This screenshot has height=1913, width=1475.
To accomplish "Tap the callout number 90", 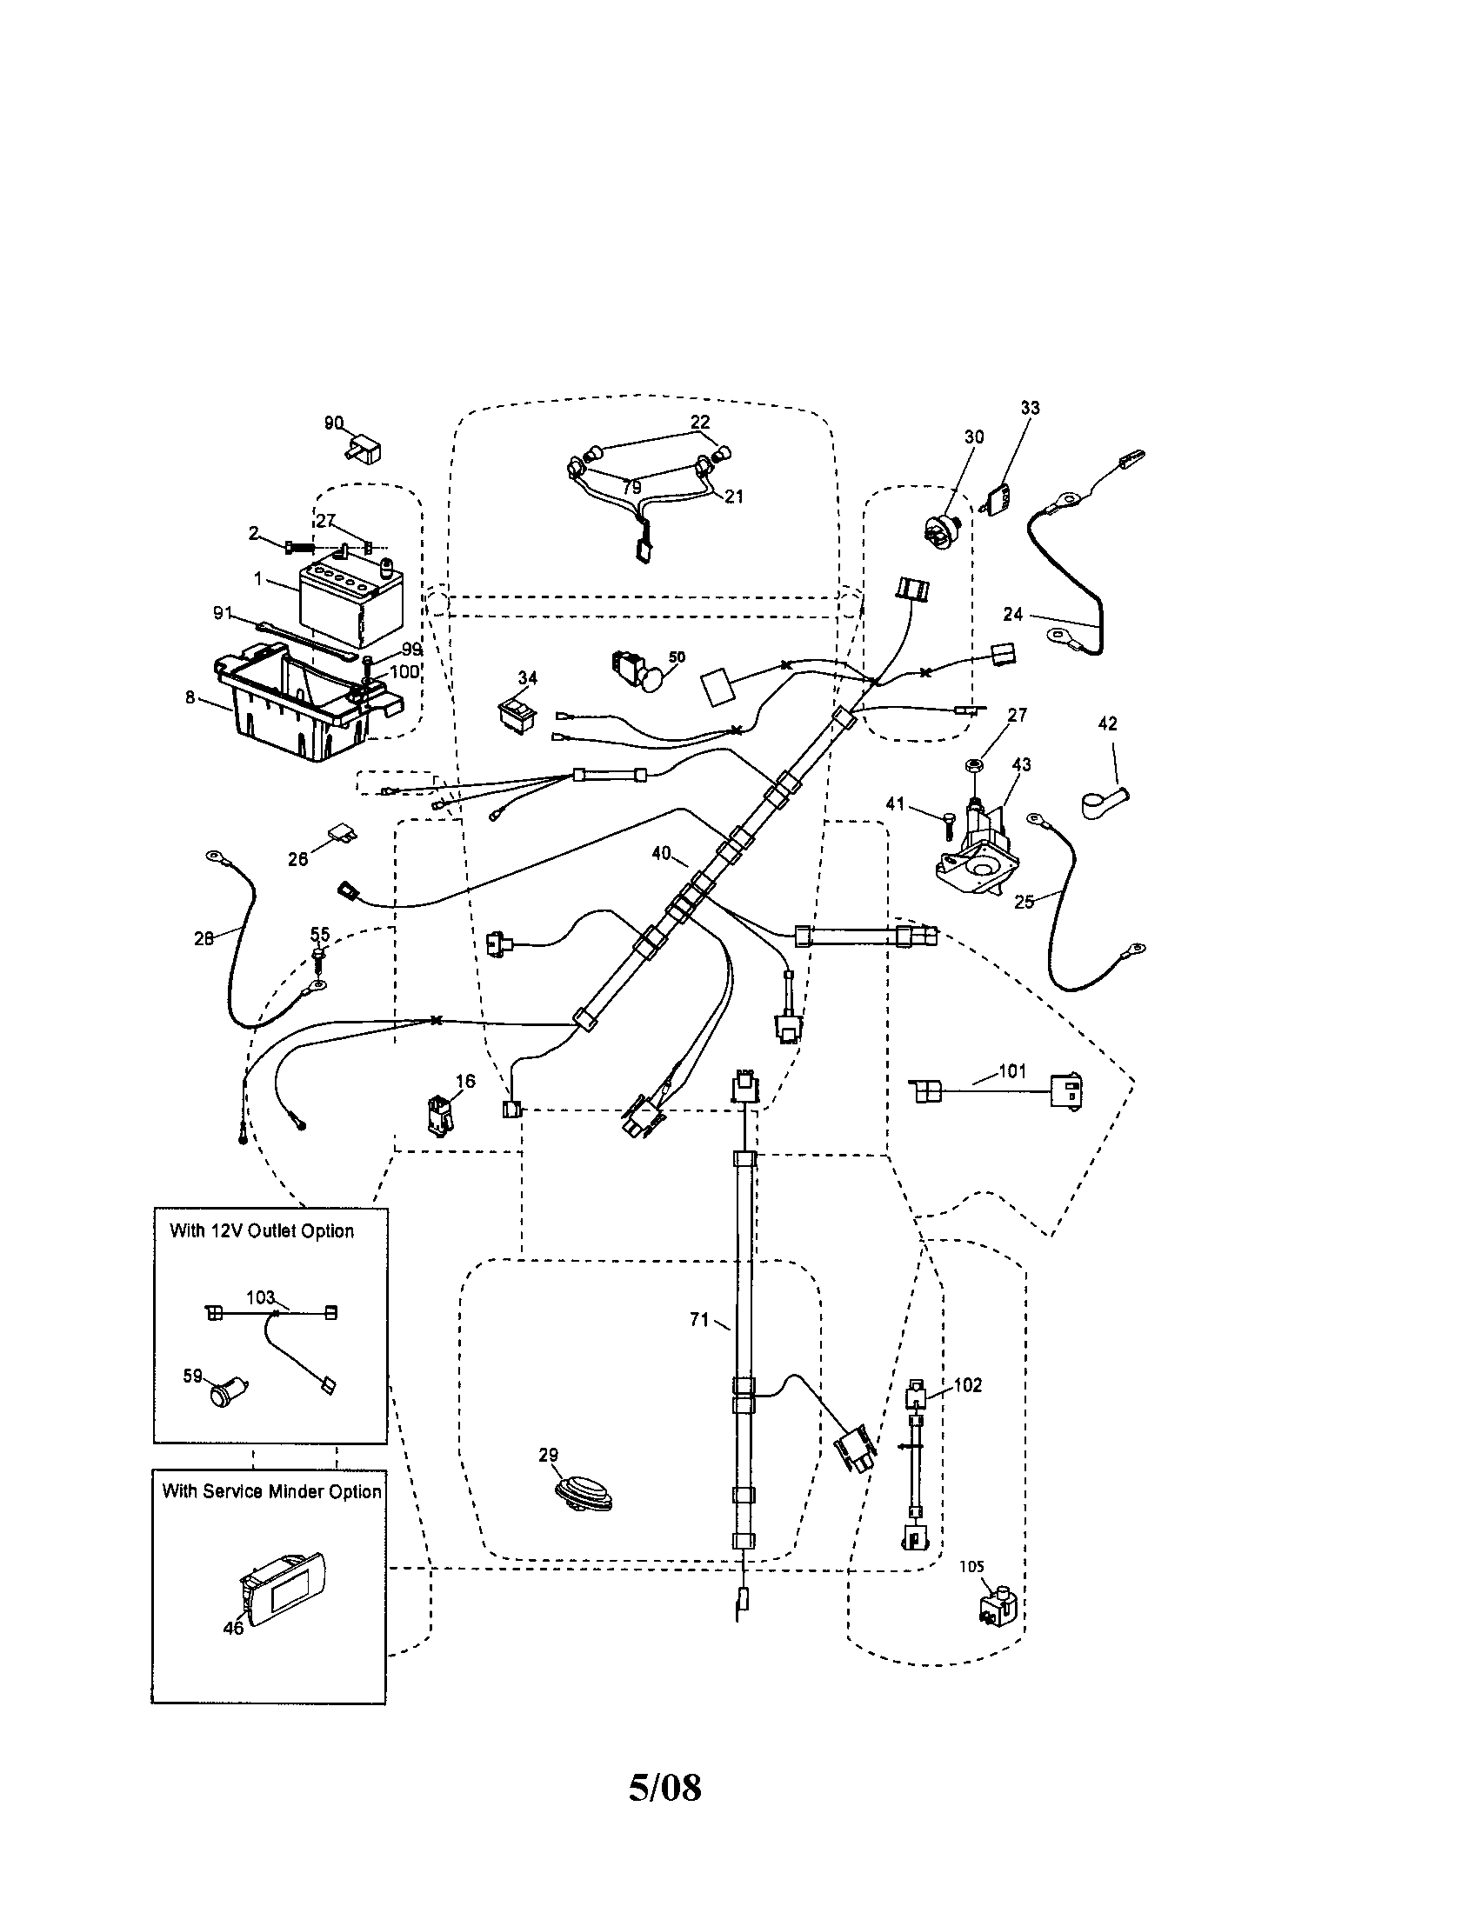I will pos(334,423).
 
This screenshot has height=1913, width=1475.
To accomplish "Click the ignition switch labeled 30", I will pos(945,527).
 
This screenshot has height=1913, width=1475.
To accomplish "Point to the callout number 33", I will pos(1029,407).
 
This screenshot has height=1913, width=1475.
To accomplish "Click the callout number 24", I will pos(1013,614).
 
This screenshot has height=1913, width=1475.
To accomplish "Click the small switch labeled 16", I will pos(442,1116).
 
